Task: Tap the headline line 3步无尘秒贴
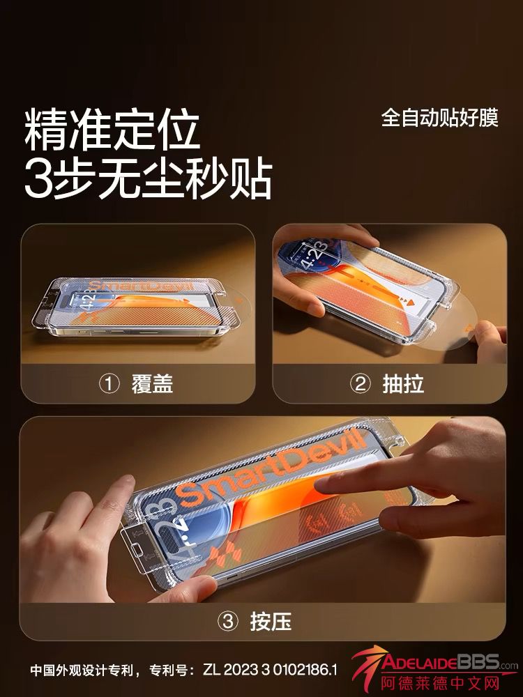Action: tap(148, 179)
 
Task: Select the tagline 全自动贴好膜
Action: tap(440, 118)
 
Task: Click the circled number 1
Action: tap(109, 384)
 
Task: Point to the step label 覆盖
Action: tap(152, 384)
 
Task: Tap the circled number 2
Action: tap(361, 384)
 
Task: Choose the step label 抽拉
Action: tap(403, 384)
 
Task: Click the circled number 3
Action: tap(228, 621)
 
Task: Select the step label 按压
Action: tap(271, 621)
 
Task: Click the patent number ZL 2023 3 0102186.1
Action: tap(270, 669)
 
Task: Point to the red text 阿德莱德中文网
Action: tap(441, 683)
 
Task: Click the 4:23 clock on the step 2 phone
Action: tap(314, 256)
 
